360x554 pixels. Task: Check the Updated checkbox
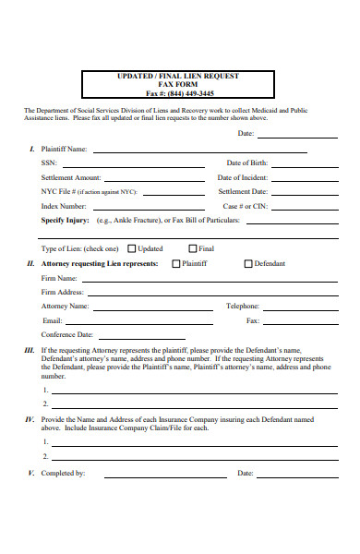tap(132, 248)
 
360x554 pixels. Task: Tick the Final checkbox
tap(193, 248)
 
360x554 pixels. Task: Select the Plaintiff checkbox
tap(176, 264)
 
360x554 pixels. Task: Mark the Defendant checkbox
tap(247, 264)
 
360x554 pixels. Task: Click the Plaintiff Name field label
tap(64, 149)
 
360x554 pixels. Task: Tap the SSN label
tap(49, 163)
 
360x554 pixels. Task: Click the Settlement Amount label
tap(71, 177)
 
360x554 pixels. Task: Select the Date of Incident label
tap(242, 177)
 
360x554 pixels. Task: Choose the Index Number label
tap(64, 206)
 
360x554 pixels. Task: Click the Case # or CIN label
tap(246, 206)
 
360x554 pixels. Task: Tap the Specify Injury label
tap(65, 221)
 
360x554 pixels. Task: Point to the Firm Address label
tap(63, 292)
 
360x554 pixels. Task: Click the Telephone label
tap(243, 306)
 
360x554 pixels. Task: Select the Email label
tap(52, 320)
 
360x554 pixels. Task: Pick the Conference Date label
tap(67, 334)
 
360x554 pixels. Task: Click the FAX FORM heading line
tap(179, 84)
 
